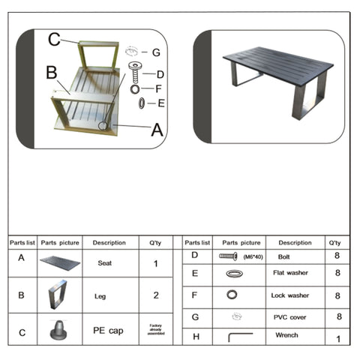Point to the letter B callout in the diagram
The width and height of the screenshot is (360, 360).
click(51, 73)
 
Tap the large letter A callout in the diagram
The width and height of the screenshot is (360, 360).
click(157, 129)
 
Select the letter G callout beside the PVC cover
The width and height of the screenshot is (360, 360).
click(156, 52)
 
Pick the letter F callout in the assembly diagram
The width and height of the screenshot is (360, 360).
click(157, 88)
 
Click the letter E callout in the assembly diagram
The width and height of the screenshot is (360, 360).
click(160, 103)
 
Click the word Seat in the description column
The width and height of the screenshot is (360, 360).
click(106, 263)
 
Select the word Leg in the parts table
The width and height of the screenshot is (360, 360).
click(100, 296)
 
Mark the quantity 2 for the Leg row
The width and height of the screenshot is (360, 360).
click(155, 295)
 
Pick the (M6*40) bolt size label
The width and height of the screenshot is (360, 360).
click(253, 257)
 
